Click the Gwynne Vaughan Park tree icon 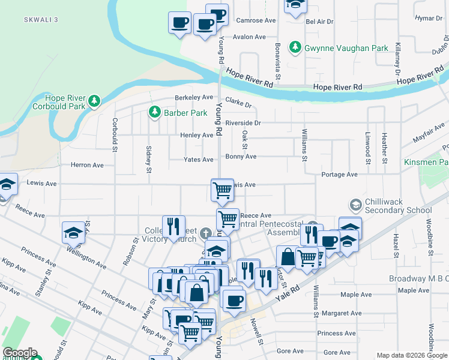coord(295,46)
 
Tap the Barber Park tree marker coord(154,112)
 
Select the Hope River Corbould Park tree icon coord(94,101)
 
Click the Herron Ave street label coord(87,165)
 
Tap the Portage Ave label coord(339,175)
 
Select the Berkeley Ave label coord(194,97)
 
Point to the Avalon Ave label coord(249,37)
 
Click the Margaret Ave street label coord(342,313)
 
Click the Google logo coord(20,353)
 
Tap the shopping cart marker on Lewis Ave coord(222,190)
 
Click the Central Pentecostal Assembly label coord(268,229)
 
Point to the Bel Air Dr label coord(319,22)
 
